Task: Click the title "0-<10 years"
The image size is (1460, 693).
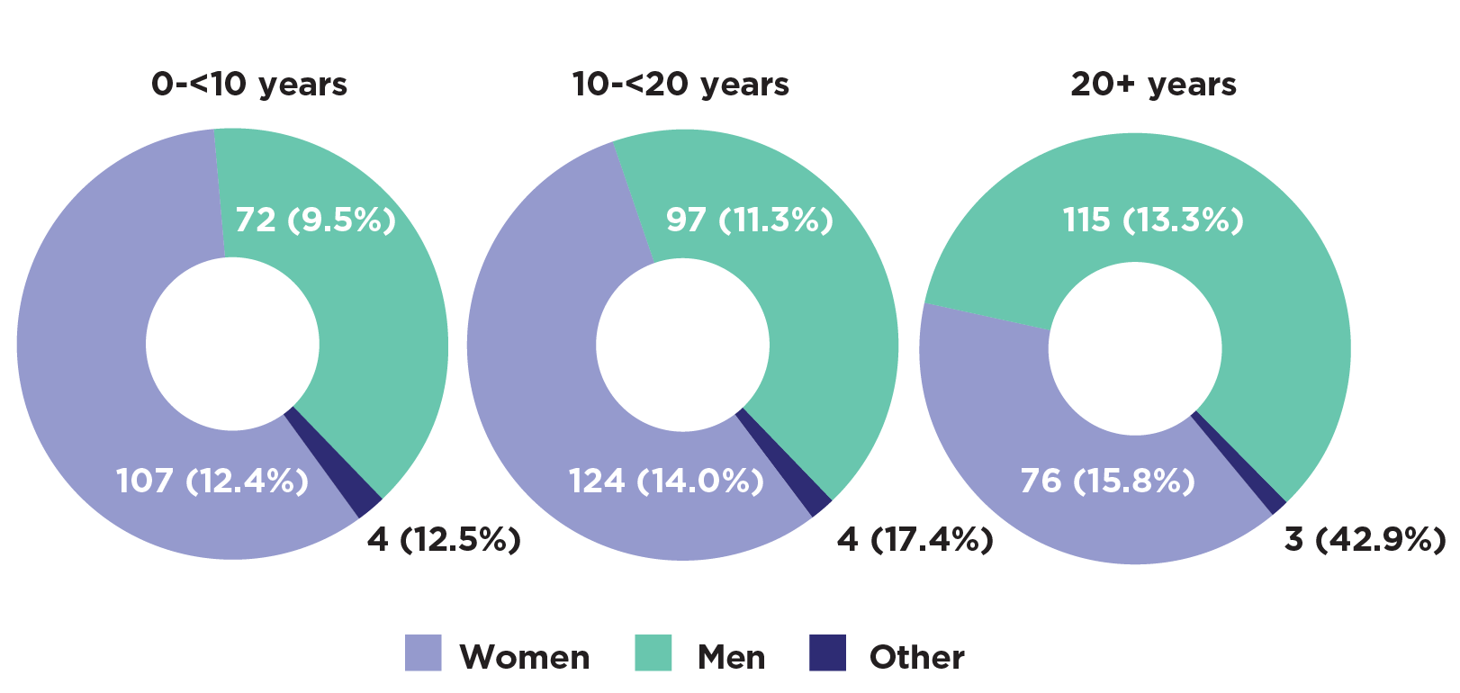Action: (249, 85)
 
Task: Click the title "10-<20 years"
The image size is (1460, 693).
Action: (680, 85)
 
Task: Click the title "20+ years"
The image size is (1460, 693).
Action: (1153, 85)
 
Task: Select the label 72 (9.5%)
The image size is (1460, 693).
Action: (316, 220)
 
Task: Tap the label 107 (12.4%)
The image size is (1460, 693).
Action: (212, 481)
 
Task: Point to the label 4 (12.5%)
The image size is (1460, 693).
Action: (444, 540)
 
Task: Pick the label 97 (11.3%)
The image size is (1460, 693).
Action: (749, 220)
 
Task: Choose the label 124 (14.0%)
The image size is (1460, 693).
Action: (666, 481)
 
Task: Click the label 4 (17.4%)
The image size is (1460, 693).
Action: (915, 540)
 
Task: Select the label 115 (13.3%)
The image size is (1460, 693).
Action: (1153, 220)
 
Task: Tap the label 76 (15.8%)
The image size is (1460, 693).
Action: (1107, 481)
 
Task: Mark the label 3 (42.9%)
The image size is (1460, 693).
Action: (1365, 540)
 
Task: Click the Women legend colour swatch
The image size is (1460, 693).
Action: (423, 653)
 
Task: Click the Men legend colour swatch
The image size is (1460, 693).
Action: (653, 653)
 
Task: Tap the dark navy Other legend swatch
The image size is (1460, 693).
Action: (827, 653)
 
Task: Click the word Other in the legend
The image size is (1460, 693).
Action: (917, 658)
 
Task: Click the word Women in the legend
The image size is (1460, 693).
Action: (525, 658)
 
